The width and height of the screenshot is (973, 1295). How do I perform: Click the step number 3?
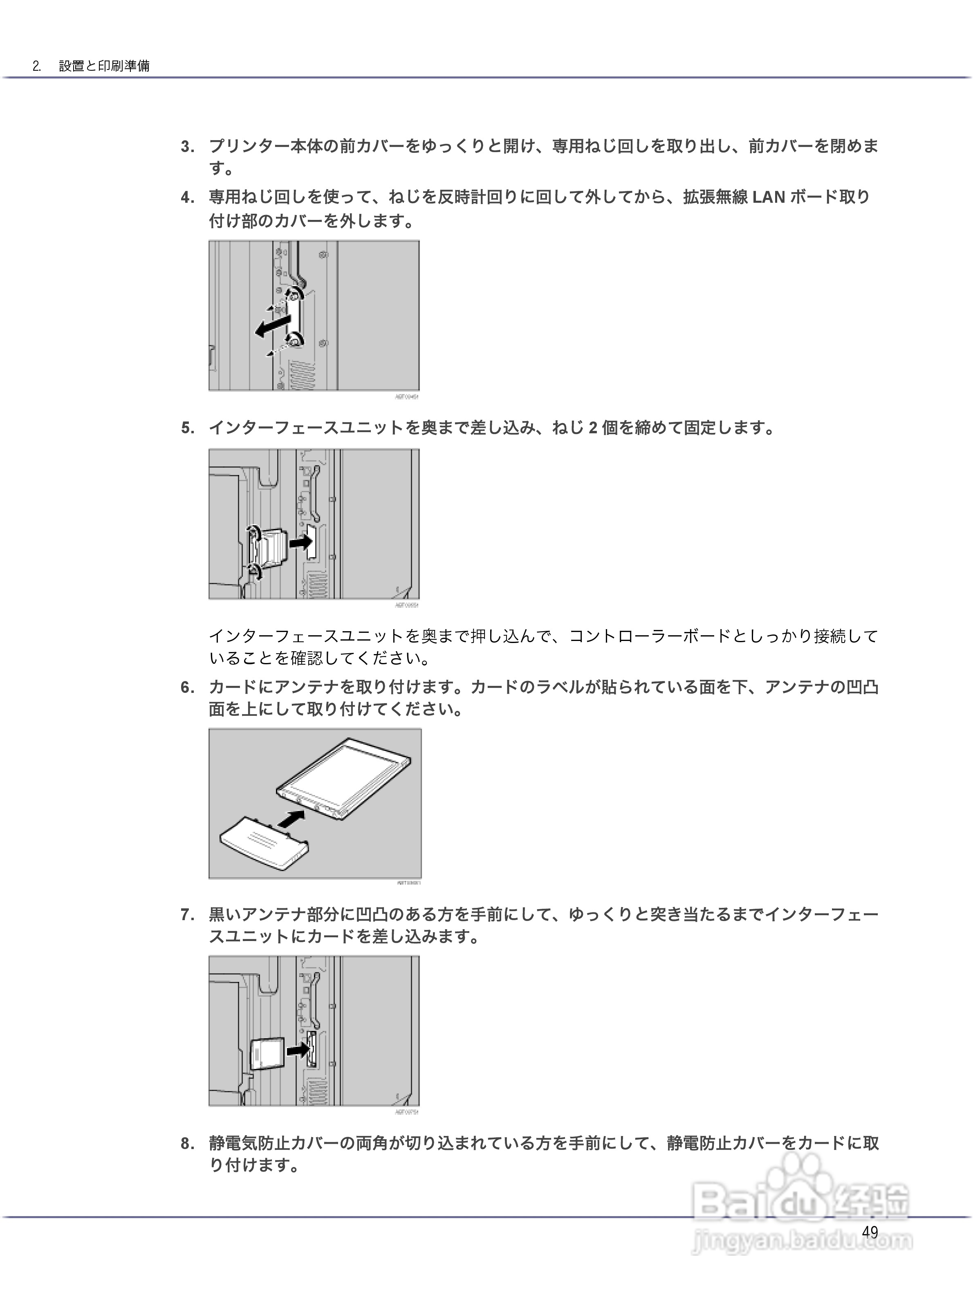click(x=187, y=147)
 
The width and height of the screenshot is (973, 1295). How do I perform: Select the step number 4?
click(x=187, y=198)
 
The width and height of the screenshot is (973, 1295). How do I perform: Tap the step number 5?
click(x=187, y=428)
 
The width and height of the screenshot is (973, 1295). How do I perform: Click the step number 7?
click(x=187, y=914)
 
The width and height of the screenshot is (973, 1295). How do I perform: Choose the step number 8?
click(x=187, y=1143)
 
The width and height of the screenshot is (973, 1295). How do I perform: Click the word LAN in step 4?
click(x=768, y=198)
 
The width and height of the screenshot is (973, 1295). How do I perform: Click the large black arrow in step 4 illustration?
click(x=272, y=326)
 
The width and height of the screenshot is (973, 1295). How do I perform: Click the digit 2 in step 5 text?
click(x=592, y=428)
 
